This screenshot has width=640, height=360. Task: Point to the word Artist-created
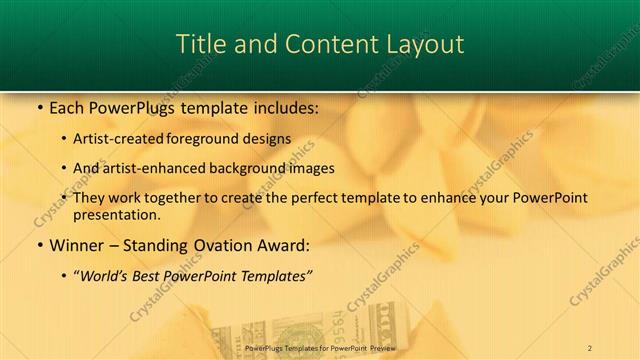click(x=119, y=139)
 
